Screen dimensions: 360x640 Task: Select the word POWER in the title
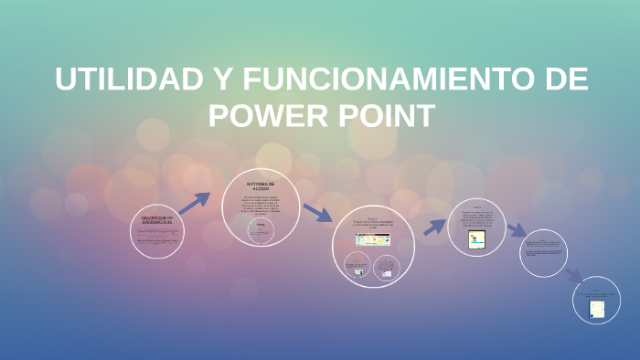click(272, 116)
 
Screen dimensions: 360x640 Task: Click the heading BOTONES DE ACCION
click(261, 185)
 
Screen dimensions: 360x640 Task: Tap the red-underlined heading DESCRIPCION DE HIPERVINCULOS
click(156, 220)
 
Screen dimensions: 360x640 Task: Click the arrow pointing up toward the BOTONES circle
click(195, 203)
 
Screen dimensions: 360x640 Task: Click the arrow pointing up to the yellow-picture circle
click(434, 225)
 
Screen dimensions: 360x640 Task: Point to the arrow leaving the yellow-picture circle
click(517, 230)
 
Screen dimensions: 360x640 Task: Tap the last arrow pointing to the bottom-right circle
click(573, 274)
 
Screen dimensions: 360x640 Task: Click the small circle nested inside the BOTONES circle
click(261, 230)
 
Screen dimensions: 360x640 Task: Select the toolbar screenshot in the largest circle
click(372, 239)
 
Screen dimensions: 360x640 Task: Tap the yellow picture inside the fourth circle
click(477, 239)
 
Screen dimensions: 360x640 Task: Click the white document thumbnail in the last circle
click(597, 309)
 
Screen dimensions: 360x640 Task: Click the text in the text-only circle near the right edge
click(544, 246)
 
